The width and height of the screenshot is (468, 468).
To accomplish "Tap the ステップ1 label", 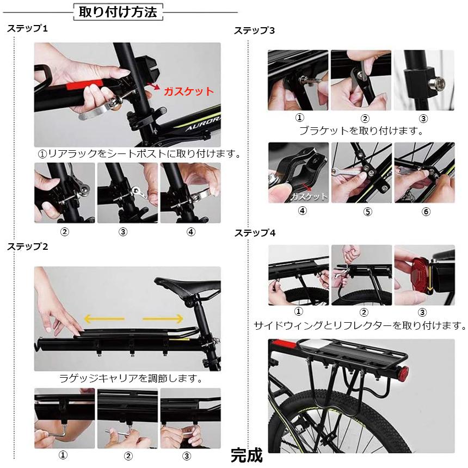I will pyautogui.click(x=27, y=28).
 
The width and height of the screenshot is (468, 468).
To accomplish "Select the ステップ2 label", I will pyautogui.click(x=28, y=247).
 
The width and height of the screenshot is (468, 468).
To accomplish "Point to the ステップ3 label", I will pyautogui.click(x=254, y=30).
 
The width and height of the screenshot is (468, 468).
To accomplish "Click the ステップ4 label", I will pyautogui.click(x=255, y=233).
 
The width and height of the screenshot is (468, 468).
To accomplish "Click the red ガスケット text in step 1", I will pyautogui.click(x=189, y=91).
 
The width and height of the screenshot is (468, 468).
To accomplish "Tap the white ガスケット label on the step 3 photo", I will pyautogui.click(x=309, y=196).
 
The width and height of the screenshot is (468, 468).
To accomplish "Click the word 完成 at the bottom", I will pyautogui.click(x=246, y=454).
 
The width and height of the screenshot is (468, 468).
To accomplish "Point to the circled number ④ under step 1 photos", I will pyautogui.click(x=190, y=232).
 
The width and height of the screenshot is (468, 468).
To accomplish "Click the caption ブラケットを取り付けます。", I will pyautogui.click(x=361, y=131).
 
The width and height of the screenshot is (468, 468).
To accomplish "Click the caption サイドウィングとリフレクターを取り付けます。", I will pyautogui.click(x=360, y=326).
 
